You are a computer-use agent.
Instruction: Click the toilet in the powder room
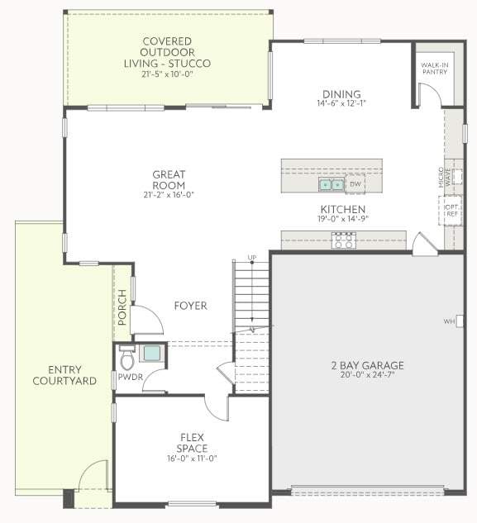coord(126,358)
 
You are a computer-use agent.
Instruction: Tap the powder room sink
coord(152,354)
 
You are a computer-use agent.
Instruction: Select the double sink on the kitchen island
coord(332,184)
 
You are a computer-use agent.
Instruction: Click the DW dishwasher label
coord(355,183)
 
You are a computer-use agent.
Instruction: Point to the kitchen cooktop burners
coord(344,240)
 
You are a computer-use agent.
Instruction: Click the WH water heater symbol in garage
coord(460,321)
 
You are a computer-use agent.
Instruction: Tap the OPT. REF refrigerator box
coord(451,211)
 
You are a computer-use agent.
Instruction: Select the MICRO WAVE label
coord(445,177)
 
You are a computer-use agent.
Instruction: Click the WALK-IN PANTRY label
coord(435,69)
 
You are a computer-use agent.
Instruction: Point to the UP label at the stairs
coord(252,258)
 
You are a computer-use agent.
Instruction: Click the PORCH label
coord(122,307)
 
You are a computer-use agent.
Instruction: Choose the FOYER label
coord(191,306)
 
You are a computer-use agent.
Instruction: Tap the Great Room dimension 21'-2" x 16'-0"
coord(169,195)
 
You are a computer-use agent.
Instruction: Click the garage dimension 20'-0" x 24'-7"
coord(368,374)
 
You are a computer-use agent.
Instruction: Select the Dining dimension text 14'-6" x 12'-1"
coord(341,103)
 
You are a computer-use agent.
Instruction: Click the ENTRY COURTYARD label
coord(64,375)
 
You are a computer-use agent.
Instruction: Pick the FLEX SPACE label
coord(193,443)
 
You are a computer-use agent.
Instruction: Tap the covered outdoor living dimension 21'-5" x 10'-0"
coord(167,74)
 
